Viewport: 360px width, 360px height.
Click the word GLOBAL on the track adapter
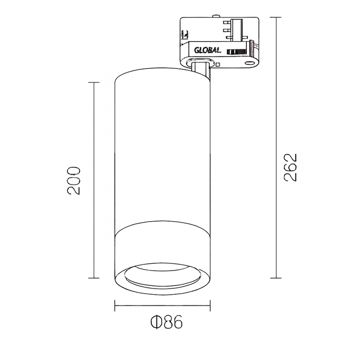click(208, 50)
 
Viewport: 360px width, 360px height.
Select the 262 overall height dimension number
click(291, 167)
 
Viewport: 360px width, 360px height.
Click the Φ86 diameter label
click(166, 322)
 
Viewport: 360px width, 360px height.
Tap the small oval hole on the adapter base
click(250, 63)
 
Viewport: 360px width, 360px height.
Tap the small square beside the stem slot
click(218, 65)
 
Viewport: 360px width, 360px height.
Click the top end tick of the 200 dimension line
click(94, 82)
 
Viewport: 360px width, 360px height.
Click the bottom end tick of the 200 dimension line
click(94, 278)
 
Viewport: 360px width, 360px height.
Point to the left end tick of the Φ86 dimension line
click(114, 307)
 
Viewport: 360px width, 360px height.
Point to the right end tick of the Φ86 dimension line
click(209, 307)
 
